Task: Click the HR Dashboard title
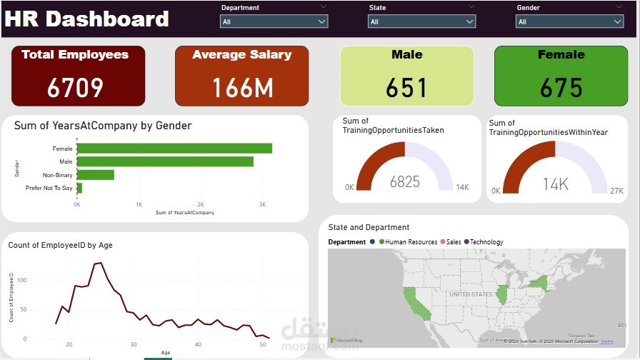[87, 19]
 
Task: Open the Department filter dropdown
[274, 21]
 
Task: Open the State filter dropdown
[421, 21]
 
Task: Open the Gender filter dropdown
[569, 21]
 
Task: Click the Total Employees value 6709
[75, 87]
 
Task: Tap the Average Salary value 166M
[242, 87]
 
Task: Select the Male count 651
[406, 87]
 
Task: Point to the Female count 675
[561, 87]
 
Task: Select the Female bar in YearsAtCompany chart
[174, 149]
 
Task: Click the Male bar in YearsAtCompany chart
[165, 161]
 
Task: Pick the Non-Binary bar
[96, 174]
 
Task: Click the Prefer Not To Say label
[49, 188]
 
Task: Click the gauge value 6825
[405, 182]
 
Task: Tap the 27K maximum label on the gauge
[617, 191]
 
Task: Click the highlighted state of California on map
[416, 304]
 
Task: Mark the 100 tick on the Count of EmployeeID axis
[21, 280]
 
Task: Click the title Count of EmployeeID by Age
[60, 245]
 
